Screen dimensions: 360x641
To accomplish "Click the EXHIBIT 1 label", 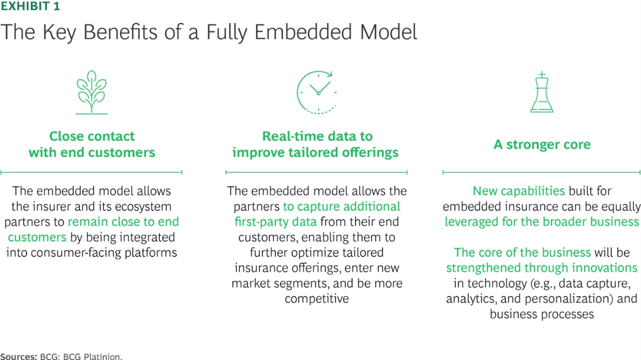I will tap(30, 6).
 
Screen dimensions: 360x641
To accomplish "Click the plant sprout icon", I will tap(91, 92).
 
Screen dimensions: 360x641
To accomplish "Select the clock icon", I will tap(317, 92).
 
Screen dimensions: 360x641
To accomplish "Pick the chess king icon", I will tap(541, 92).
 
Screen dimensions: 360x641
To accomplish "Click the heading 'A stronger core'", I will tap(542, 144).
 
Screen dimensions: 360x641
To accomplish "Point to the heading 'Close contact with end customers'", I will tap(91, 144).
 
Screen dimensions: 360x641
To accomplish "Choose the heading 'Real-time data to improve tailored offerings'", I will tap(316, 144).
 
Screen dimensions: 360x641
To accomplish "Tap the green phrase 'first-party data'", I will tap(276, 222).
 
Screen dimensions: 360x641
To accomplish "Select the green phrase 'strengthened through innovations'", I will tap(542, 268).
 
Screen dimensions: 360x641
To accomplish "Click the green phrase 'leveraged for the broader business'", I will tap(542, 222).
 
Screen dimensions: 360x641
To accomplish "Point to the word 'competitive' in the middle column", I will tap(317, 298).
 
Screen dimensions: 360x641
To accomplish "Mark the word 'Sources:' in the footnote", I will tap(19, 356).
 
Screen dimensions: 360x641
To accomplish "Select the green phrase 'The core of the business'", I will tap(522, 253).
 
